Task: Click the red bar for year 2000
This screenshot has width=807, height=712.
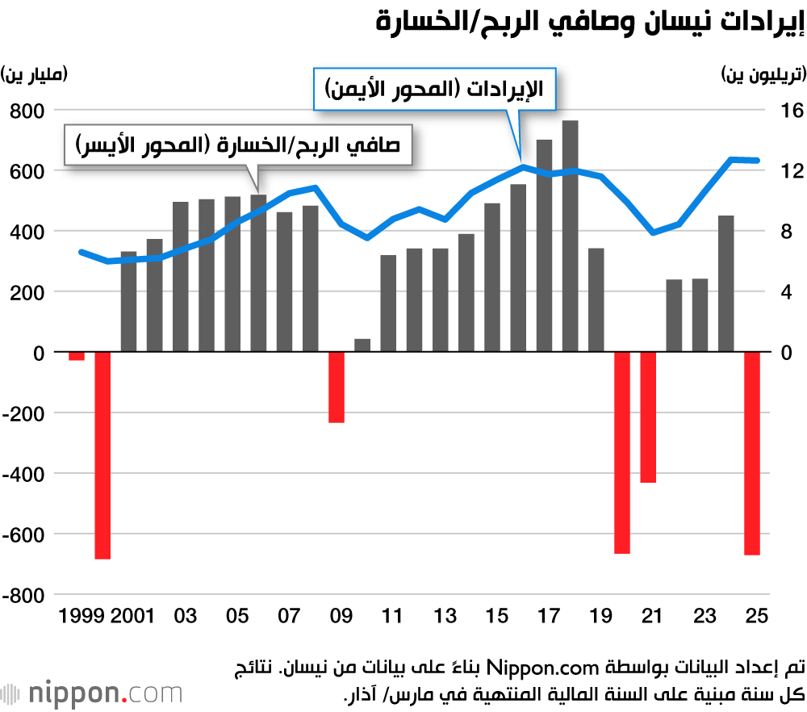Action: point(102,455)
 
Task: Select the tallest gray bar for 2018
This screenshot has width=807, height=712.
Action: point(570,236)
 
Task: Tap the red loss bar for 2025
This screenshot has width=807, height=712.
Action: point(752,454)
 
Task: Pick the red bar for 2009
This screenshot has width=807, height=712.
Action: point(336,387)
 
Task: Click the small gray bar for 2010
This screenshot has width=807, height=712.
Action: point(362,346)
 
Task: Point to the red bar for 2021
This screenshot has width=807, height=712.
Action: point(648,417)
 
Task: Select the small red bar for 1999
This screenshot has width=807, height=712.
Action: point(77,356)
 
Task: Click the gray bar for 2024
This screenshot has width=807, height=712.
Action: point(725,283)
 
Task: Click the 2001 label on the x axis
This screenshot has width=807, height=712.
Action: point(132,617)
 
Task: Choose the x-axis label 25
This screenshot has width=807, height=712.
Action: point(756,617)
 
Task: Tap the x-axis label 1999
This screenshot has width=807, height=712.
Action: point(82,617)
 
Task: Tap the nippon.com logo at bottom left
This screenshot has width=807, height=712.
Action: point(92,693)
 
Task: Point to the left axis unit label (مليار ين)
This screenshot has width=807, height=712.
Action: point(36,75)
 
